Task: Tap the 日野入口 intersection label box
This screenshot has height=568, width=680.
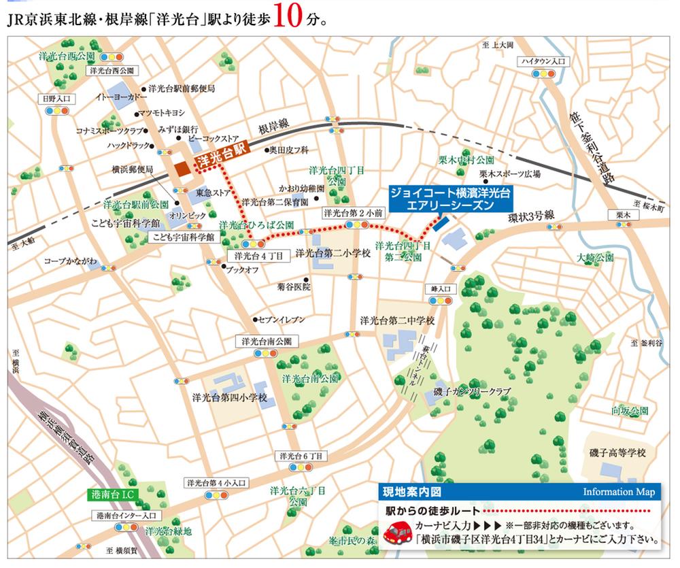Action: coord(57,99)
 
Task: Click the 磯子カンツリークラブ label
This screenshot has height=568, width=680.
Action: coord(472,392)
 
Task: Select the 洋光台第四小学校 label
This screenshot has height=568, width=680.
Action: coord(230,397)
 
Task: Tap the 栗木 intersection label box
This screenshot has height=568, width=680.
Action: coord(624,215)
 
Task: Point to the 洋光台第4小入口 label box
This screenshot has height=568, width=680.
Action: coord(217,482)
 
